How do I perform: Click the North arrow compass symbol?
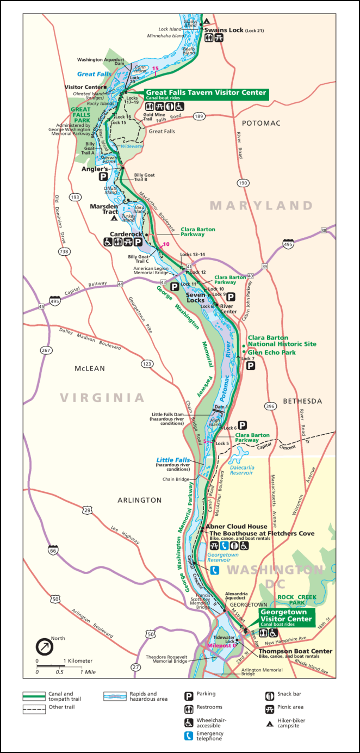[x=44, y=647]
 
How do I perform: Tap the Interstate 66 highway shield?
[x=53, y=535]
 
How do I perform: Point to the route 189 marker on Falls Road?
[x=199, y=116]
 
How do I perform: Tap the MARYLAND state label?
[x=262, y=206]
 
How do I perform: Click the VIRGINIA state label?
[x=103, y=397]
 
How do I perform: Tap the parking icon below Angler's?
[x=102, y=177]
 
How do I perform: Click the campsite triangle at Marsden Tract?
[x=114, y=218]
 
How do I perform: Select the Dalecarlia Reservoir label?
[x=243, y=470]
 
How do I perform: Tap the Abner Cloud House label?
[x=236, y=526]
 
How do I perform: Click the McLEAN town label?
[x=90, y=368]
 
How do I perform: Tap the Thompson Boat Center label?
[x=295, y=651]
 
